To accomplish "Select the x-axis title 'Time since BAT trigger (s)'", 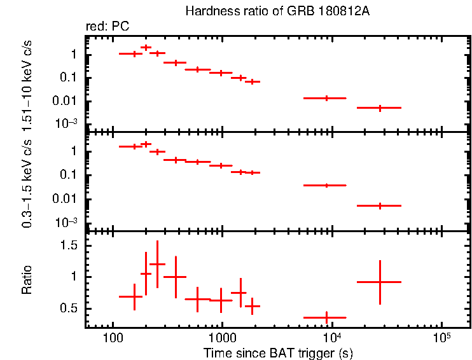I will pyautogui.click(x=278, y=352).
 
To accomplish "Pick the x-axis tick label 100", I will pyautogui.click(x=113, y=337).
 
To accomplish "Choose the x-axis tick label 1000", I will pyautogui.click(x=221, y=337).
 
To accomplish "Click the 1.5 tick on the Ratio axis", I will pyautogui.click(x=70, y=246).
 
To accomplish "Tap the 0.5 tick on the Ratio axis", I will pyautogui.click(x=70, y=308).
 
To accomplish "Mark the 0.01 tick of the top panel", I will pyautogui.click(x=67, y=101).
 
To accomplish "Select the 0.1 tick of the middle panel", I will pyautogui.click(x=70, y=175).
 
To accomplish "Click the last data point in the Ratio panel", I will pyautogui.click(x=379, y=282).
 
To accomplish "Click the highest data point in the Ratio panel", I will pyautogui.click(x=157, y=264).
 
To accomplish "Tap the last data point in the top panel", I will pyautogui.click(x=379, y=108).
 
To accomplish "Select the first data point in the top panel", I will pyautogui.click(x=134, y=53).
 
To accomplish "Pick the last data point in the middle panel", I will pyautogui.click(x=379, y=205).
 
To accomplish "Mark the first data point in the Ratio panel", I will pyautogui.click(x=134, y=296).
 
